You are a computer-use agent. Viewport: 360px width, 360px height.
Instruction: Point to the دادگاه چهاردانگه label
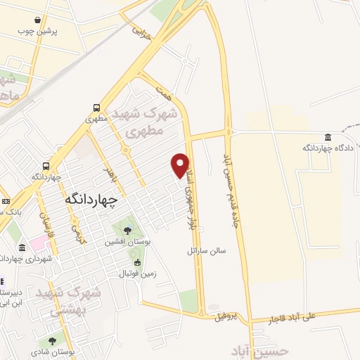(326, 148)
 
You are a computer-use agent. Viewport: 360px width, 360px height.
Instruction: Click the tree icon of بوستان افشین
(127, 230)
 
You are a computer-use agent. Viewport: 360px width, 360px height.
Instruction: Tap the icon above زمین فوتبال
(137, 262)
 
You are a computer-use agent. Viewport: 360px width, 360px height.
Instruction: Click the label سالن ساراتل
(205, 250)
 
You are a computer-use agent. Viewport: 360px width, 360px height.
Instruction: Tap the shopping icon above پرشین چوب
(56, 20)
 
